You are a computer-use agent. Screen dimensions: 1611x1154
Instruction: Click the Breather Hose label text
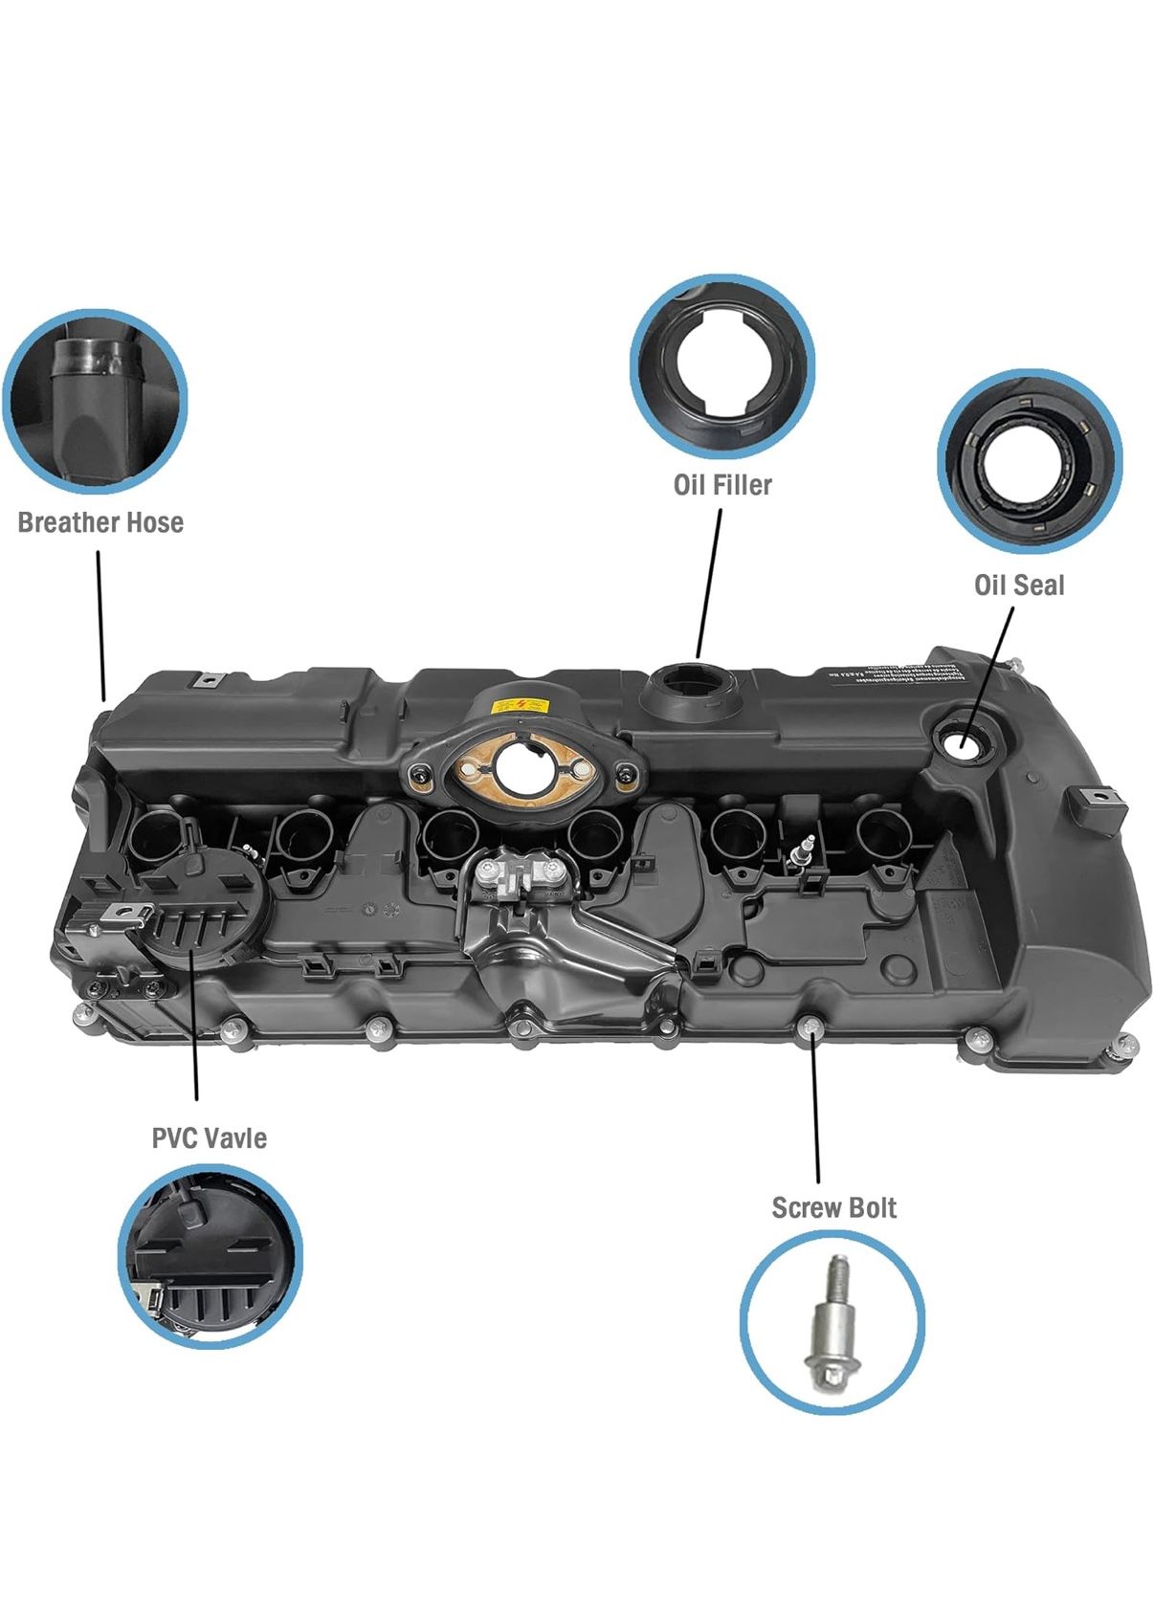point(100,522)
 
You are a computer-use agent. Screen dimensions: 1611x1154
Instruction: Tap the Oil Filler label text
point(722,485)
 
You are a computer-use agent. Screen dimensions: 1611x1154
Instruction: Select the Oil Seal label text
point(1019,585)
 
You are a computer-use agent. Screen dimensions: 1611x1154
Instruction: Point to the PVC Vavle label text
point(209,1137)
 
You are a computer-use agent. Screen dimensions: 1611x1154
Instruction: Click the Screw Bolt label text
point(833,1208)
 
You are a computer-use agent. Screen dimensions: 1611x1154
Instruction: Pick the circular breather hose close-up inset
point(95,401)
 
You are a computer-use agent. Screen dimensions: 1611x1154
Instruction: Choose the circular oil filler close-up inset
point(722,367)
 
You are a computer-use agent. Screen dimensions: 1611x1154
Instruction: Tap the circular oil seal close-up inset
point(1030,460)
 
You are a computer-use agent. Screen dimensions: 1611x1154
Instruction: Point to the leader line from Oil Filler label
point(709,584)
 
